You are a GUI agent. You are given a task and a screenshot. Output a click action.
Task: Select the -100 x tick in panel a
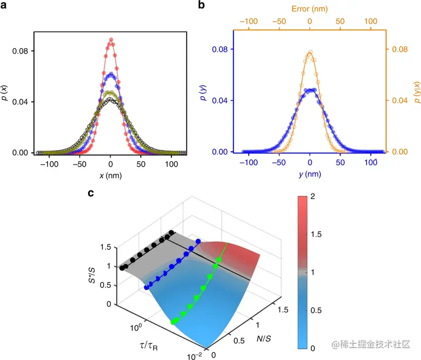click(50, 163)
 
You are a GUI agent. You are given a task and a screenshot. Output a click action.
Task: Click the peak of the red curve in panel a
click(111, 39)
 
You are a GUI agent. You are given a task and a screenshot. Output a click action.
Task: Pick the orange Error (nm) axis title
click(309, 9)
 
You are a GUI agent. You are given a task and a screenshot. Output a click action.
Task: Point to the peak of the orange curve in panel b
click(310, 52)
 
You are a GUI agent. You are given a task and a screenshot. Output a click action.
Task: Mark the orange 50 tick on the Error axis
click(340, 22)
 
